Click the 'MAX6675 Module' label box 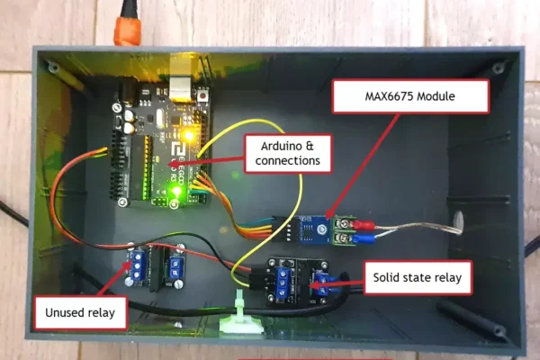tap(410, 96)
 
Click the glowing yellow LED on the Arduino tap(188, 135)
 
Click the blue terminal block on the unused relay tap(141, 265)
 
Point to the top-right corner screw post tap(499, 68)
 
